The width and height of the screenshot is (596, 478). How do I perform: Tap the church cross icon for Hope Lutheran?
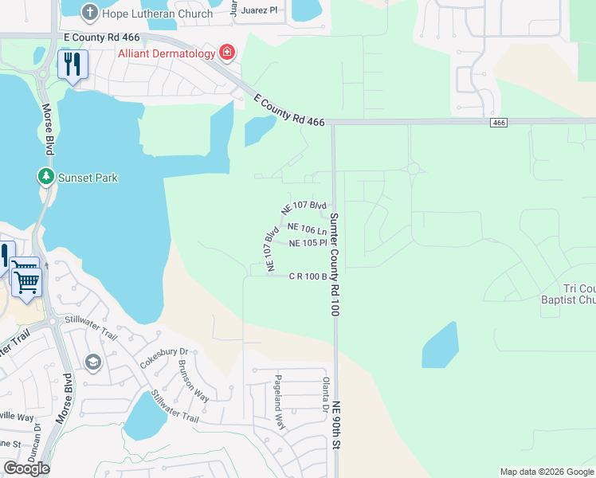pos(89,12)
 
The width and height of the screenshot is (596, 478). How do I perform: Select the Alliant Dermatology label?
pos(166,53)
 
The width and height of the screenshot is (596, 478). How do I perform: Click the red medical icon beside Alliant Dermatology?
pos(227,53)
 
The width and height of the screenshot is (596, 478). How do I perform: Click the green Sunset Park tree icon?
pos(46,177)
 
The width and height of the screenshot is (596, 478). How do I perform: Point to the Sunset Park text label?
pos(88,178)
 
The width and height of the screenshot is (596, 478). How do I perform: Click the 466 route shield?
pos(499,122)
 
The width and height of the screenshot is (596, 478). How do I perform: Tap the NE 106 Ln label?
pos(308,228)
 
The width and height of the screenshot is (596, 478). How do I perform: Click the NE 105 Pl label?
pos(308,243)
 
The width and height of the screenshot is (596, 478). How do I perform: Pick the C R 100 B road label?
pos(308,276)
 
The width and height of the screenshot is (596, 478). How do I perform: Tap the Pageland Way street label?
pos(280,402)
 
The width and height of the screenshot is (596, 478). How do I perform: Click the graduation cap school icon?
pos(93,363)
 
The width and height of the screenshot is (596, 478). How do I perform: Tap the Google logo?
pos(26,468)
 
